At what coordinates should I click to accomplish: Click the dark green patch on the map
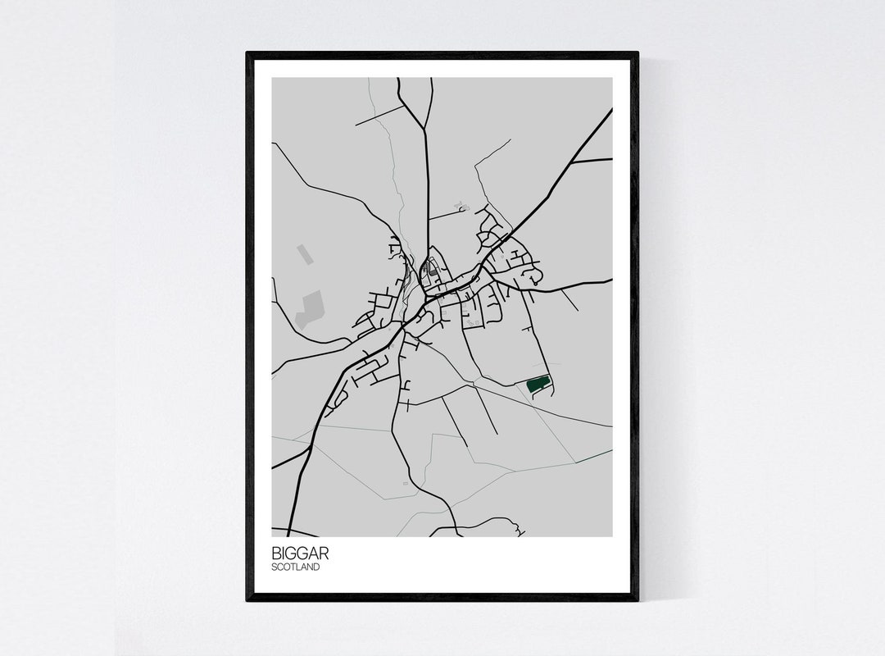click(538, 384)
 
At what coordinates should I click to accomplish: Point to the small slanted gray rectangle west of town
click(305, 255)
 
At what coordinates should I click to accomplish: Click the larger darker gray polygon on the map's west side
click(311, 309)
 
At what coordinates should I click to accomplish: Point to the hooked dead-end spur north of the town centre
click(462, 209)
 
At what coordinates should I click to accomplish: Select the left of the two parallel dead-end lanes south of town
click(455, 422)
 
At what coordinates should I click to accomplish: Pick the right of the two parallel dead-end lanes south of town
click(488, 414)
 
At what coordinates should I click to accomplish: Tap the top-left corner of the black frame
click(248, 54)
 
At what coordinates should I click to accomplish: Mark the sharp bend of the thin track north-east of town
click(475, 167)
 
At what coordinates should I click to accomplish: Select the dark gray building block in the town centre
click(433, 267)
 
